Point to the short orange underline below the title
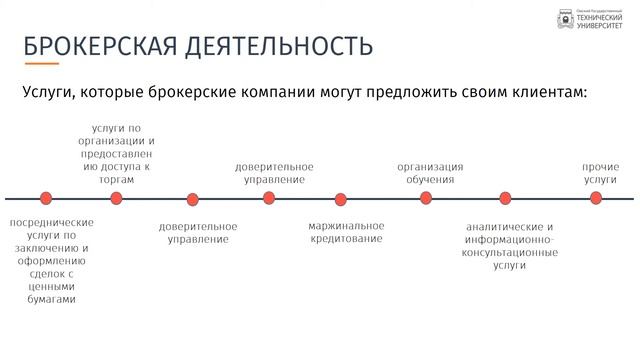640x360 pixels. [x=42, y=65]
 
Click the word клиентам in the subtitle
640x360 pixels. [x=541, y=92]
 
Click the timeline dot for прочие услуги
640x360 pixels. [x=596, y=198]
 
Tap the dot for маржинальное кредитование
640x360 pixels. [x=341, y=199]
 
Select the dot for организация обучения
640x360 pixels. [x=426, y=198]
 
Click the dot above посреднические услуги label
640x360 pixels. [x=45, y=198]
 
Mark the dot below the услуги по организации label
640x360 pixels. [x=116, y=198]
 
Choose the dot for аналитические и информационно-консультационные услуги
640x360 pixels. [x=505, y=198]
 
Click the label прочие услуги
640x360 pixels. [x=600, y=173]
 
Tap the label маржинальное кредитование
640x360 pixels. [x=346, y=232]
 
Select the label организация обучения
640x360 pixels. [x=430, y=173]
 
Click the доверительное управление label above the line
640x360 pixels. [x=274, y=173]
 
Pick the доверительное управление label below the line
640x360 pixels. [x=198, y=233]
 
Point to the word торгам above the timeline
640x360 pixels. [x=116, y=180]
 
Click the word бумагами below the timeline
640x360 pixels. [x=51, y=299]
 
